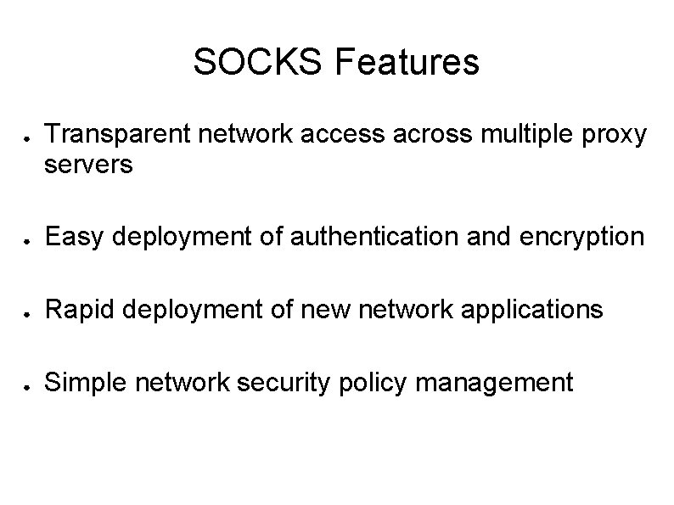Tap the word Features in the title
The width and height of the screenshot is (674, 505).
coord(407,62)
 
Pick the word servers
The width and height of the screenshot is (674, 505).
coord(88,165)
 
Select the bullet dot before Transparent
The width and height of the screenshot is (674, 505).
coord(28,137)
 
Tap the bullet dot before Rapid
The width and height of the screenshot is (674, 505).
coord(28,313)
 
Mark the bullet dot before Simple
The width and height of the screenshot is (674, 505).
coord(28,386)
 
